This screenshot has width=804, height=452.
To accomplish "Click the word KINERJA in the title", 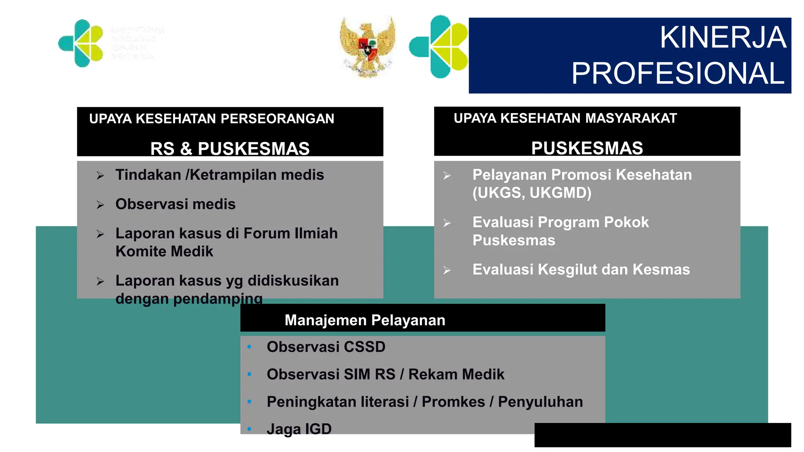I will (723, 38).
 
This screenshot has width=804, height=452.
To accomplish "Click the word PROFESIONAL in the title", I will (678, 73).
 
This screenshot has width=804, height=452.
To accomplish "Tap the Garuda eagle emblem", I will (367, 46).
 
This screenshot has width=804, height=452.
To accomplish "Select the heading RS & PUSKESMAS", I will (230, 149).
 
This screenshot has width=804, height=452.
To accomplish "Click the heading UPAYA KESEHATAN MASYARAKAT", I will (565, 118).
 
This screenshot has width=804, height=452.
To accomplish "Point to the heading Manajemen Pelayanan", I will (365, 320).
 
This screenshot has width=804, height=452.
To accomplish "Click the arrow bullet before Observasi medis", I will (100, 205).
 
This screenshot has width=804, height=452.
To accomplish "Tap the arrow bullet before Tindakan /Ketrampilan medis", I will (100, 175).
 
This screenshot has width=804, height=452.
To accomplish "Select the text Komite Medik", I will (164, 252).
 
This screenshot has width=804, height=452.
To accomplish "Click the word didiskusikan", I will (293, 281).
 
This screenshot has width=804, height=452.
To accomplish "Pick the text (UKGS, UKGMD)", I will (532, 193).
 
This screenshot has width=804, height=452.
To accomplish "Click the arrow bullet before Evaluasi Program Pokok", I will (447, 223).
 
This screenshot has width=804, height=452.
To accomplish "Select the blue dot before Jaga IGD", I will (249, 429).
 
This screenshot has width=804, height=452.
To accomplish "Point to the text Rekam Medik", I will (456, 374).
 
